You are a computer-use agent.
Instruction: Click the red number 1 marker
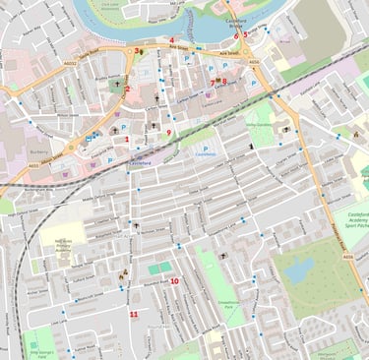pos(127,139)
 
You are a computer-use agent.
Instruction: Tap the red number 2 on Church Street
pos(127,90)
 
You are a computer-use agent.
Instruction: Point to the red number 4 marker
pos(171,40)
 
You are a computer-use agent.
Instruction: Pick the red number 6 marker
pos(235,35)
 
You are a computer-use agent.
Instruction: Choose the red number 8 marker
pos(224,81)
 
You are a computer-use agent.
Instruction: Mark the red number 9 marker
pos(168,133)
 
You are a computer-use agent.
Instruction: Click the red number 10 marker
pos(174,281)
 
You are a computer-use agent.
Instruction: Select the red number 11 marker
pos(133,314)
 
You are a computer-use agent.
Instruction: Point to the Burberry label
pos(39,152)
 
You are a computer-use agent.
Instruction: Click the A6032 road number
pos(68,63)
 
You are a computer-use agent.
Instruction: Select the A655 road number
pos(254,62)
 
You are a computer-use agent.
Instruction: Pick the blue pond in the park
pos(298,269)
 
